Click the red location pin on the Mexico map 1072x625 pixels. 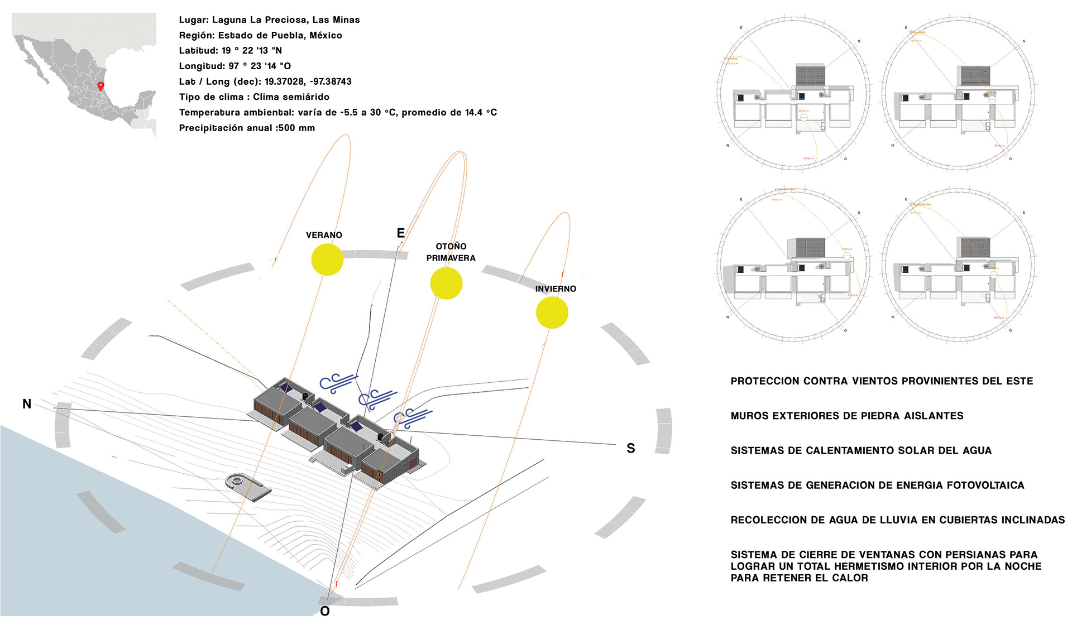100,86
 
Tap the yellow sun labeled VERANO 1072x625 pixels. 327,259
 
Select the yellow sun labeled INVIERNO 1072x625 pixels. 552,312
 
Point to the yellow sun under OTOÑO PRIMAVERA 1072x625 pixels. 446,283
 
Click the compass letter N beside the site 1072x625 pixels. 27,404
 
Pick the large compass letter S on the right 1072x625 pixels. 631,448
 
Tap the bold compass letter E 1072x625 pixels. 400,233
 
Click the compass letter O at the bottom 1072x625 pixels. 325,612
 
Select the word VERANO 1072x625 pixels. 324,235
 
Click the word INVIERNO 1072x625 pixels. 556,289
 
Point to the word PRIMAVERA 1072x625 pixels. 451,258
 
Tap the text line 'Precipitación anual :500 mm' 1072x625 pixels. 247,128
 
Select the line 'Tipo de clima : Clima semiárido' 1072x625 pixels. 254,97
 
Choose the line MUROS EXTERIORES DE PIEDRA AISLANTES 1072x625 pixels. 847,416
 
